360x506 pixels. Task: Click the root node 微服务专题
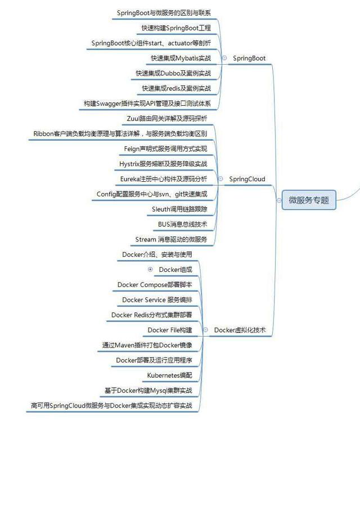308,200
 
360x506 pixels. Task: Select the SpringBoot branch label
249,58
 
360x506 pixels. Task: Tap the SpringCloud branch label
247,179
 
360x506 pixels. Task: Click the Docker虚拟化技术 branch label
240,330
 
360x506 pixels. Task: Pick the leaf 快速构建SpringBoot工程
176,28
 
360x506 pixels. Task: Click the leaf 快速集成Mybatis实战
181,58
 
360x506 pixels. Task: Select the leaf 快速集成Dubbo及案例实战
173,73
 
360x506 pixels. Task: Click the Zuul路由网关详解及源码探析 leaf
167,118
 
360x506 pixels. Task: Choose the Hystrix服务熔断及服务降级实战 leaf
163,164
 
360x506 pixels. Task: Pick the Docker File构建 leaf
170,330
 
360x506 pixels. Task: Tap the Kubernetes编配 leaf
170,375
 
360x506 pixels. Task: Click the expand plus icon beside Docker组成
150,270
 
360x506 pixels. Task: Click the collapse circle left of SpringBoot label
224,58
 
